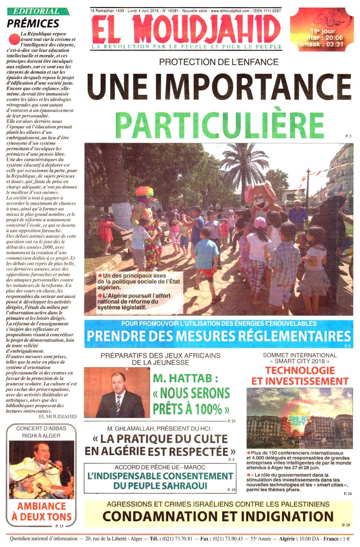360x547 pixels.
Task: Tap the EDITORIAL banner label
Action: (x=36, y=11)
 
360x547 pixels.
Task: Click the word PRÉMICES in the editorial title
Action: (x=33, y=24)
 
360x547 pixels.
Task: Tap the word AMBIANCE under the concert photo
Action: (x=42, y=506)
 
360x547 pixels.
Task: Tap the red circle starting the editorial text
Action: (x=14, y=38)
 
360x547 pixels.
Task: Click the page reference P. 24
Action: (x=347, y=494)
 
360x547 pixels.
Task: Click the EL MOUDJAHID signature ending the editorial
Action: (x=57, y=416)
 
